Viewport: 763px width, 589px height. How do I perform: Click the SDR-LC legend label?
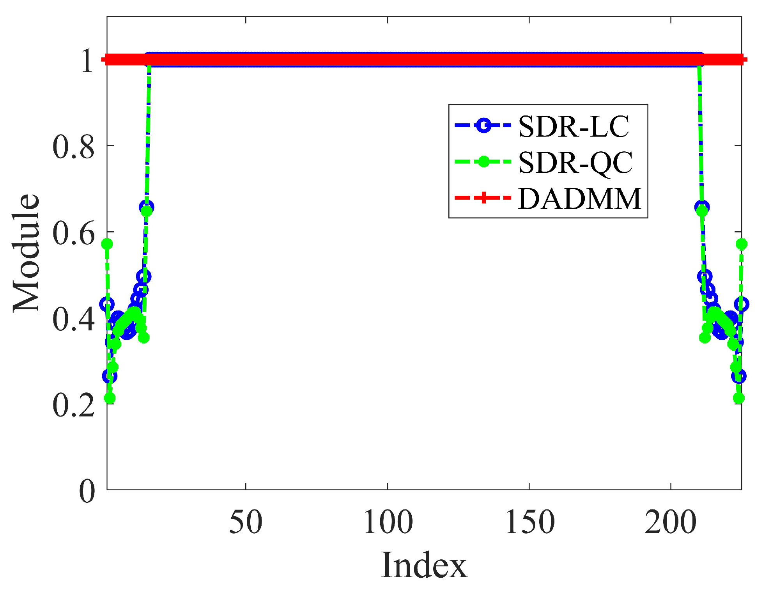pyautogui.click(x=574, y=127)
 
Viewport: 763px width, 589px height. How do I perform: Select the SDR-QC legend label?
pyautogui.click(x=575, y=163)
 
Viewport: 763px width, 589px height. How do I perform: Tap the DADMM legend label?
pyautogui.click(x=580, y=199)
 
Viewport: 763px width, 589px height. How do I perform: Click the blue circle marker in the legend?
pyautogui.click(x=483, y=126)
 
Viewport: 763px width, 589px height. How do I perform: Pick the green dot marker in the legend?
pyautogui.click(x=483, y=161)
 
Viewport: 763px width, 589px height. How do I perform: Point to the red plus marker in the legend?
pyautogui.click(x=483, y=198)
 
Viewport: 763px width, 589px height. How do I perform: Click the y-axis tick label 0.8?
pyautogui.click(x=73, y=147)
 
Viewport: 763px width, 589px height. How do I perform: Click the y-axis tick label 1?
pyautogui.click(x=87, y=61)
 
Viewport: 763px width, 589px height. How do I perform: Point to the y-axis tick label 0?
pyautogui.click(x=87, y=491)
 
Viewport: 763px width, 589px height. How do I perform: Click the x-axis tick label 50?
pyautogui.click(x=246, y=522)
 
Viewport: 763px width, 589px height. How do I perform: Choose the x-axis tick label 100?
pyautogui.click(x=388, y=522)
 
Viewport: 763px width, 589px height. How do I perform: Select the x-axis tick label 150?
pyautogui.click(x=530, y=522)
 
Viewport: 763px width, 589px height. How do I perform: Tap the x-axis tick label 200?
pyautogui.click(x=671, y=522)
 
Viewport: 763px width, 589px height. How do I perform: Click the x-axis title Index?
pyautogui.click(x=424, y=565)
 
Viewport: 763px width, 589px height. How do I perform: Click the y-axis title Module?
pyautogui.click(x=27, y=253)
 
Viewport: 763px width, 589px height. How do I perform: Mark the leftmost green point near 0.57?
pyautogui.click(x=107, y=244)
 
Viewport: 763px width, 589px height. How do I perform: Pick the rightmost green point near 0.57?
pyautogui.click(x=741, y=244)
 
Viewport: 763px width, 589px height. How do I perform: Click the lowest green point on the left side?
pyautogui.click(x=110, y=398)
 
